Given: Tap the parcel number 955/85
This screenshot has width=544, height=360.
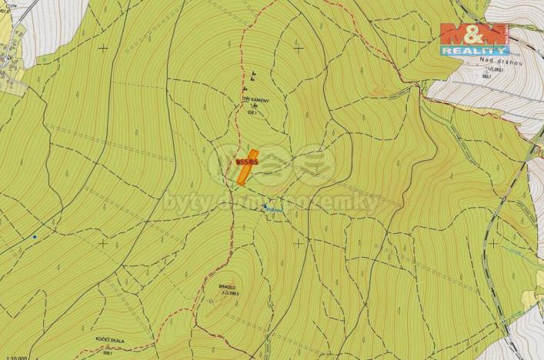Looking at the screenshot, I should click(x=247, y=162).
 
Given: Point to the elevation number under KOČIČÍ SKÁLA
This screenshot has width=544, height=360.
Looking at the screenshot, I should click(x=108, y=354).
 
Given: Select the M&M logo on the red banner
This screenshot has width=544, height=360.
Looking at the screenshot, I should click(x=474, y=34).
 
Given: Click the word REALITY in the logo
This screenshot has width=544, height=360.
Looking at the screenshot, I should click(x=474, y=50).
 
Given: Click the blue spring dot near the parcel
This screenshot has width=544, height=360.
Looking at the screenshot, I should click(x=266, y=206).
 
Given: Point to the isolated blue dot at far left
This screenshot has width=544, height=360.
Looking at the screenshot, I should click(x=34, y=237).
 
